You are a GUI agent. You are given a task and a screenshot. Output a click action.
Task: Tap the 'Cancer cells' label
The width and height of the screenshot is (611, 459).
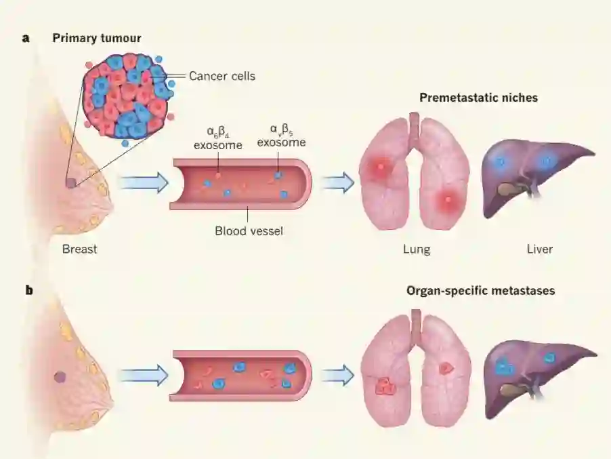[x=222, y=76]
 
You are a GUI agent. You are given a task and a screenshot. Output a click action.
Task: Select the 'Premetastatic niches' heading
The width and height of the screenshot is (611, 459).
[x=478, y=98]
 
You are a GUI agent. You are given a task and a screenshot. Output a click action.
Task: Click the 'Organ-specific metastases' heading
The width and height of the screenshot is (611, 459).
[x=481, y=290]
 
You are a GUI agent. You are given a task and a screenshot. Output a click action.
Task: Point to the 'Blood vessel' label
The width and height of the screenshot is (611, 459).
[x=249, y=231]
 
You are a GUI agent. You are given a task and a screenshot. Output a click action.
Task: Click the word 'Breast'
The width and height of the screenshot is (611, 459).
[x=79, y=249]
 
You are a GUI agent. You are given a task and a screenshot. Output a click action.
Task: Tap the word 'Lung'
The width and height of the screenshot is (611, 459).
[x=417, y=250]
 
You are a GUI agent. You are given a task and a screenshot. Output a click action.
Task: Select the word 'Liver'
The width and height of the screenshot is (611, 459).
[x=539, y=250]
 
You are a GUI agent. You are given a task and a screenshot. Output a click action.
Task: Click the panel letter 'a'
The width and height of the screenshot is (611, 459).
[x=26, y=38]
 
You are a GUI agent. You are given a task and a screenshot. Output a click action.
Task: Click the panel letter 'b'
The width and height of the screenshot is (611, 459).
[x=28, y=290]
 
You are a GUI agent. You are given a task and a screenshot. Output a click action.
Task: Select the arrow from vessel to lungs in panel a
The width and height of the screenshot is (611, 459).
[x=337, y=182]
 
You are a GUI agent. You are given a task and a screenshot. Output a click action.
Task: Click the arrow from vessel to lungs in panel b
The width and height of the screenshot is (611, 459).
[x=337, y=374]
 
